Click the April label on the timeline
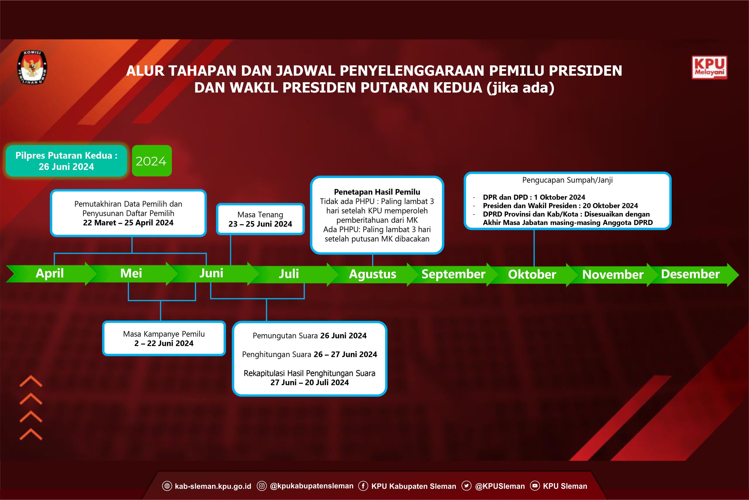coord(50,273)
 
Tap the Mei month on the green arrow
coord(131,273)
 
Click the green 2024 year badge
coord(152,161)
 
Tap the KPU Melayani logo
coord(709,67)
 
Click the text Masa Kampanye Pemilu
coord(164,334)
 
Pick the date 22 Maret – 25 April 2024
coord(128,223)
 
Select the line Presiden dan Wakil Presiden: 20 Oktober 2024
coord(560,206)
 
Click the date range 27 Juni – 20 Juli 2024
coord(310,382)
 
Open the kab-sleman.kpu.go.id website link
coord(213,486)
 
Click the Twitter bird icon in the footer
coord(466,486)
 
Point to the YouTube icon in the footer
coord(535,486)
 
